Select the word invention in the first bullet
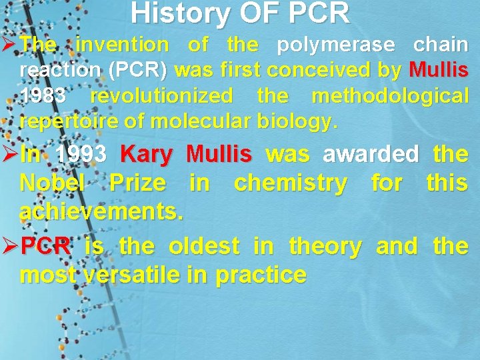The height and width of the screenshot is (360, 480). (123, 45)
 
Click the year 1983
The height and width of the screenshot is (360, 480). (43, 96)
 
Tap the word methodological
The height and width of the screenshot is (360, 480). (389, 96)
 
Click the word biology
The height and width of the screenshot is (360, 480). (301, 121)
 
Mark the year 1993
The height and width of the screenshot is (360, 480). (81, 155)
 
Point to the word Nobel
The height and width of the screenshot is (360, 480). (53, 183)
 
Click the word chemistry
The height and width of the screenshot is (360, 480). (290, 183)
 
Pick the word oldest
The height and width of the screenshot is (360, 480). (203, 247)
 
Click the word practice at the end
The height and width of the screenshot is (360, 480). (265, 275)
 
